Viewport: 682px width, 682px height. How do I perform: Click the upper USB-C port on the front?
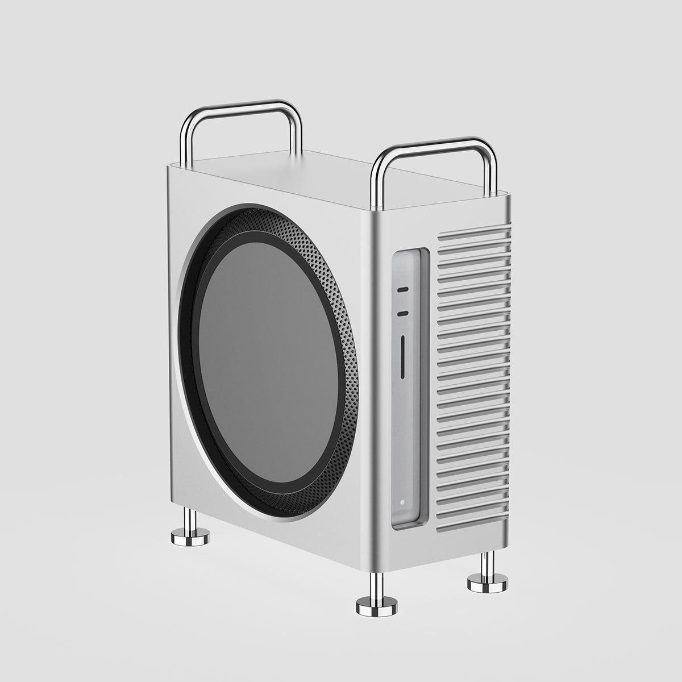coord(402,289)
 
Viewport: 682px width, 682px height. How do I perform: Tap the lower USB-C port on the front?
coord(402,313)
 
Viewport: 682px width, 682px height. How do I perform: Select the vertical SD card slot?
coord(403,356)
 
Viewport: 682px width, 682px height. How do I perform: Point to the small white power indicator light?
coord(402,502)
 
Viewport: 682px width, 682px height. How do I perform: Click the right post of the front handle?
coord(489,170)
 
